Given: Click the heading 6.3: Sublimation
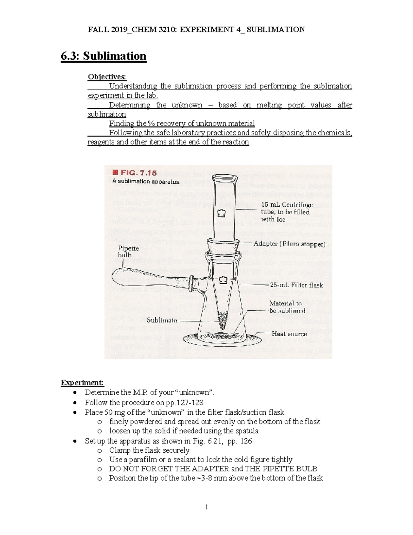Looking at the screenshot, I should pos(103,56).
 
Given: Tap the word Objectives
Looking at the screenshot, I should pos(107,76).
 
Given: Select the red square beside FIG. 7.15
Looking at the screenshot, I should pos(115,172).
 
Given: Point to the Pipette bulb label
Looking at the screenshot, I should pos(128,251).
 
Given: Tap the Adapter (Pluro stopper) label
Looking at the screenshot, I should pos(289,244).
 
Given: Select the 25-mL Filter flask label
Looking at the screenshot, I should pos(296,285).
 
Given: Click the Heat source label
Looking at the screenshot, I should pos(289,334).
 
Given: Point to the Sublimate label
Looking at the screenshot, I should pos(162,320).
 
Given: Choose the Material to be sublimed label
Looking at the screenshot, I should pos(287,307).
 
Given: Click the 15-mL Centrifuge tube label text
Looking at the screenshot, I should pos(286,212).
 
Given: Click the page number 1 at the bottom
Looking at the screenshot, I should pos(206,507).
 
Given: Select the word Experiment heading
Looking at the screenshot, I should pos(82,383).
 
